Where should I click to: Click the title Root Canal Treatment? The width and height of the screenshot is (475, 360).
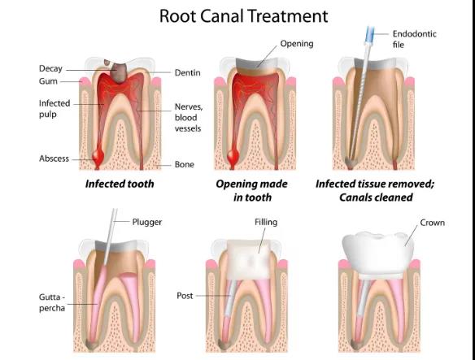[x=243, y=16]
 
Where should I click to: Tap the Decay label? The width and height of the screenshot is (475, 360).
[x=50, y=69]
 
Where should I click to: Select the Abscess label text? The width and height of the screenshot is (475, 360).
[x=54, y=158]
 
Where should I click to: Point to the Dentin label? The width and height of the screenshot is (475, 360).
[x=188, y=72]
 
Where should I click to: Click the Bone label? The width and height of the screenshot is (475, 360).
[x=184, y=164]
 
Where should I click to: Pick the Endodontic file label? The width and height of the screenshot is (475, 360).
[x=415, y=39]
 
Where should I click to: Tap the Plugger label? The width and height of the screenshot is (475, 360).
[x=147, y=222]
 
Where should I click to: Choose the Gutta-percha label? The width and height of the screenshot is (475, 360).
[x=52, y=302]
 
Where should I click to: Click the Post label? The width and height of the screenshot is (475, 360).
[x=185, y=296]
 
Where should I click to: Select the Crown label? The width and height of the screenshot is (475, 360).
[x=432, y=223]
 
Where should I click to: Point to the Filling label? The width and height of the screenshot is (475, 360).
[x=266, y=222]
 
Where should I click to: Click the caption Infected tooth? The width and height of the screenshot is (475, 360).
[x=120, y=184]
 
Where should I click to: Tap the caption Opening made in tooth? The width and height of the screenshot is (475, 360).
[x=252, y=190]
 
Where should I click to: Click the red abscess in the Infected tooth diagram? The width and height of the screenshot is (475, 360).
[x=98, y=157]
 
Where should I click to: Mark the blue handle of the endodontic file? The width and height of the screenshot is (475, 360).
[x=370, y=32]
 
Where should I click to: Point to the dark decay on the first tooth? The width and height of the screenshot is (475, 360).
[x=118, y=72]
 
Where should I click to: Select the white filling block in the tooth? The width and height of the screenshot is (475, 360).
[x=247, y=260]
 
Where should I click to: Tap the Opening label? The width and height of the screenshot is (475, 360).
[x=297, y=44]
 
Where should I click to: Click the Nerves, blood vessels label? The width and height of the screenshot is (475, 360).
[x=189, y=118]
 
